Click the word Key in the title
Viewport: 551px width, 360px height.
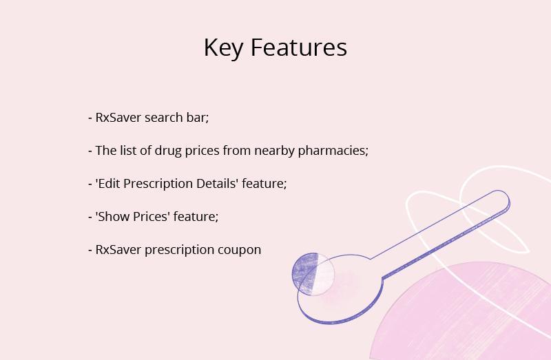click(223, 48)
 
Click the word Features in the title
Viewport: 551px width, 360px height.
click(299, 47)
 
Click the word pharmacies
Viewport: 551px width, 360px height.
click(333, 151)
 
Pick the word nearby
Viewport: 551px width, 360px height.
click(274, 151)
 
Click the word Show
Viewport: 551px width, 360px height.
click(112, 216)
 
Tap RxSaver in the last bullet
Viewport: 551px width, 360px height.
click(118, 250)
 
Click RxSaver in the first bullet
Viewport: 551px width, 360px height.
click(118, 117)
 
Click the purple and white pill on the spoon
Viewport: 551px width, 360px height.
click(313, 274)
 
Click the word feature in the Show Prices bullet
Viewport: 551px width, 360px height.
click(194, 216)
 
